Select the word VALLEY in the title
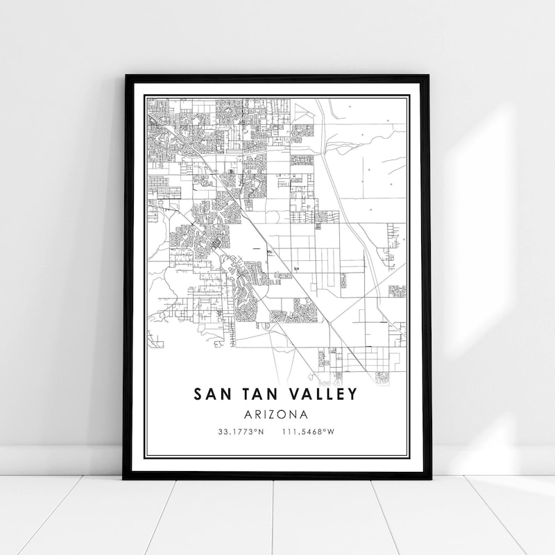click(x=323, y=394)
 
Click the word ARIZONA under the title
click(x=276, y=414)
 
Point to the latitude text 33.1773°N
click(x=241, y=432)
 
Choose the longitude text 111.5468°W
click(x=309, y=432)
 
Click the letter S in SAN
click(x=198, y=394)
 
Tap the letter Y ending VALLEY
click(x=353, y=394)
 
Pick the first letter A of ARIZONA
click(x=249, y=414)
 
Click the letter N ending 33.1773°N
click(x=262, y=432)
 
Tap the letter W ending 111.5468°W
click(x=332, y=432)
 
